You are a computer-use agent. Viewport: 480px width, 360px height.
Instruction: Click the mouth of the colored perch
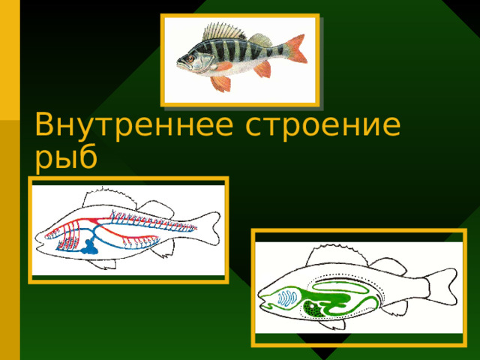[x=179, y=62]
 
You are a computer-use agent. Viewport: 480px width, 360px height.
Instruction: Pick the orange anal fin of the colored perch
[x=262, y=70]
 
